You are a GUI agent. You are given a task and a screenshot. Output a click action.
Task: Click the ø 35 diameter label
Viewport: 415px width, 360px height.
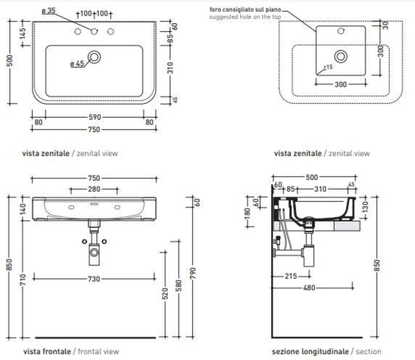(x=49, y=11)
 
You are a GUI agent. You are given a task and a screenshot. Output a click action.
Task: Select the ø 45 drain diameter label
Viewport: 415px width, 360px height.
(x=77, y=64)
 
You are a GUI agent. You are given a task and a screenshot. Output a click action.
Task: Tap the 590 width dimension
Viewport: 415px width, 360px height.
(x=94, y=118)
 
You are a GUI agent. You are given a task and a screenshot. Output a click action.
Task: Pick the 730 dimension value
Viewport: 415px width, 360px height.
(x=94, y=279)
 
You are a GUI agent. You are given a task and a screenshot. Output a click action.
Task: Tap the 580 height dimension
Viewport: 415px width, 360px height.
(x=179, y=285)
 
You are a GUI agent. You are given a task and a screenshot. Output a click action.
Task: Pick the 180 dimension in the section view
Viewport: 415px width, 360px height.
(x=248, y=212)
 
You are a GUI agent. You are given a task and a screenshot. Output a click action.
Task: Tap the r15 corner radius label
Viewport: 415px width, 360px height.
(x=329, y=66)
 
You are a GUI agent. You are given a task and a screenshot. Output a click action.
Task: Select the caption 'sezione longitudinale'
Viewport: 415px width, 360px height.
(x=310, y=352)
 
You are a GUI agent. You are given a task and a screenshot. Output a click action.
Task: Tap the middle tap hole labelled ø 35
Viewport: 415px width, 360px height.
(x=94, y=32)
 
